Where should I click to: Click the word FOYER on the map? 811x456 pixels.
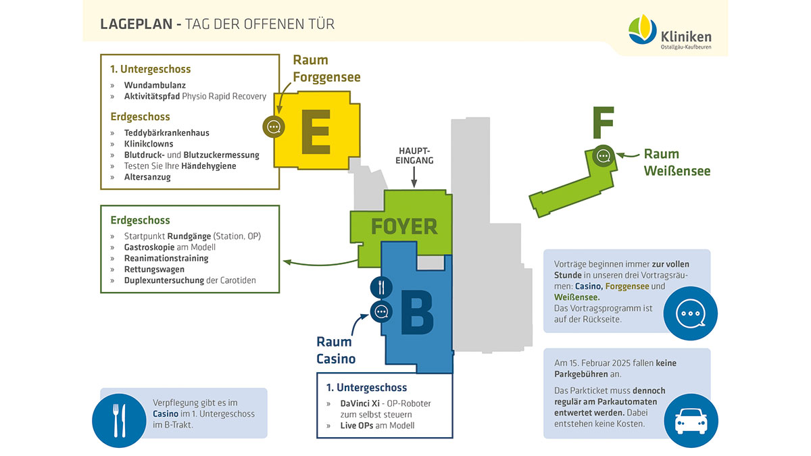[x=403, y=226]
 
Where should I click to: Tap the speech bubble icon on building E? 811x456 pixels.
[x=274, y=126]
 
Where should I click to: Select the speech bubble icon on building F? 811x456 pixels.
[x=603, y=155]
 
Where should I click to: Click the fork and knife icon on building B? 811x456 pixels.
[x=381, y=287]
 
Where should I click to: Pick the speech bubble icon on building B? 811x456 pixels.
[x=381, y=311]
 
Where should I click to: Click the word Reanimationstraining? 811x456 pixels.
[x=166, y=258]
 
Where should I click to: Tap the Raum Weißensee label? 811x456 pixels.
[x=677, y=162]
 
